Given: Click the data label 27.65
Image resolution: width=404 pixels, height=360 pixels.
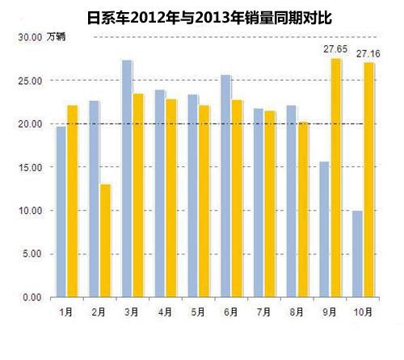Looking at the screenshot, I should tap(335, 49).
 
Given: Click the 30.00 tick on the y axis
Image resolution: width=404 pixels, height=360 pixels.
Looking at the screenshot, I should tap(30, 37).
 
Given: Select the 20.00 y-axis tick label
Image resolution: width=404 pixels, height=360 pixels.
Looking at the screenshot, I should tap(30, 124).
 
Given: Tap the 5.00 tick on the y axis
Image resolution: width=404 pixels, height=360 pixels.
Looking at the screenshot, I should tap(32, 254).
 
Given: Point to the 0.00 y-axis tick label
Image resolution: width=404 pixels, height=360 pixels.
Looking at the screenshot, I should tap(32, 298).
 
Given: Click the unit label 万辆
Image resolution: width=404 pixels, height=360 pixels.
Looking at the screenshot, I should tap(57, 37).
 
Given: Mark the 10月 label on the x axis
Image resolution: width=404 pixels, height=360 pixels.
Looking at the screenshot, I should tap(363, 310).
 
